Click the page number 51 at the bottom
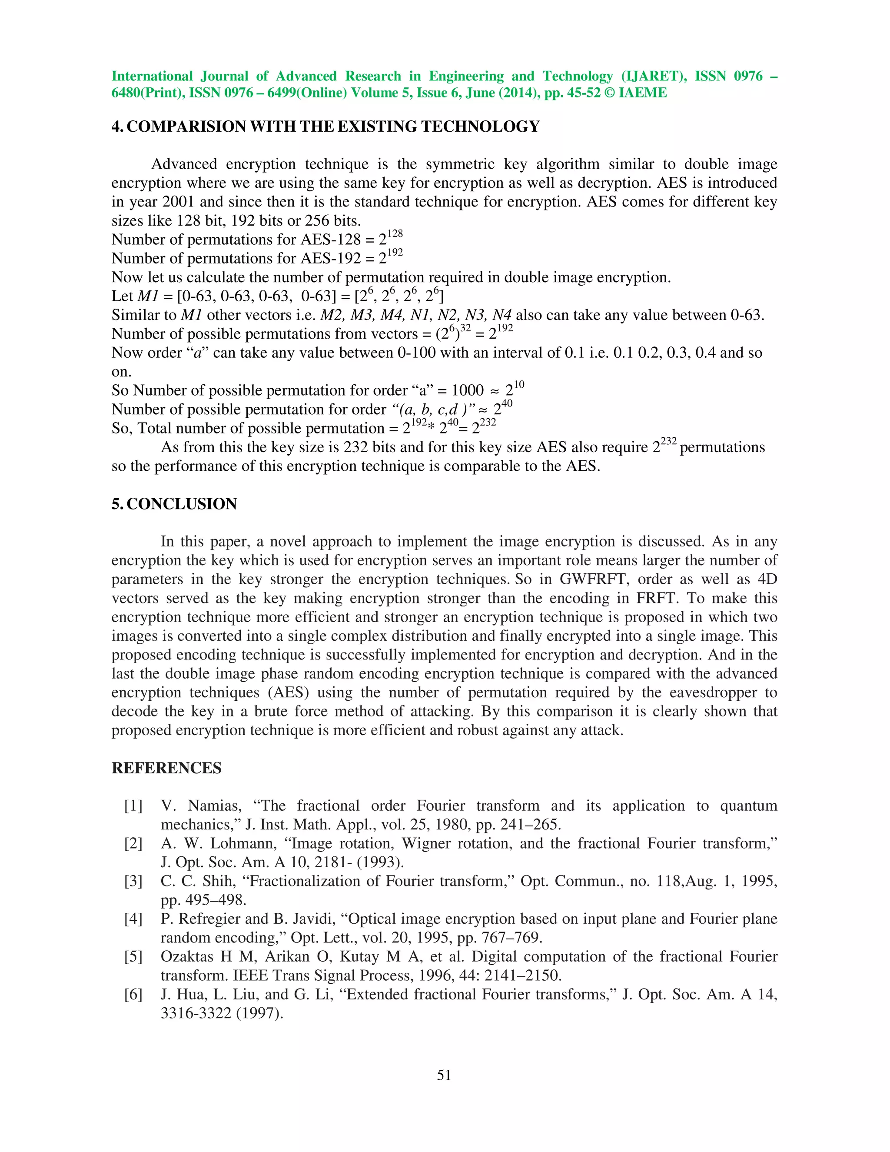pyautogui.click(x=444, y=1075)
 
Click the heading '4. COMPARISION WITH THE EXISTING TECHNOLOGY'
pyautogui.click(x=325, y=127)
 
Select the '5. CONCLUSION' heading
pyautogui.click(x=174, y=504)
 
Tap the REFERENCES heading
pyautogui.click(x=166, y=768)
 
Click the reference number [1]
pyautogui.click(x=133, y=806)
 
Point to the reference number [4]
pyautogui.click(x=133, y=919)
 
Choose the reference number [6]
pyautogui.click(x=133, y=994)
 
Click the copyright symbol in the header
pyautogui.click(x=610, y=93)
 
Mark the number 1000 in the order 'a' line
pyautogui.click(x=467, y=391)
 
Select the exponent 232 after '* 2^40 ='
pyautogui.click(x=488, y=423)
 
